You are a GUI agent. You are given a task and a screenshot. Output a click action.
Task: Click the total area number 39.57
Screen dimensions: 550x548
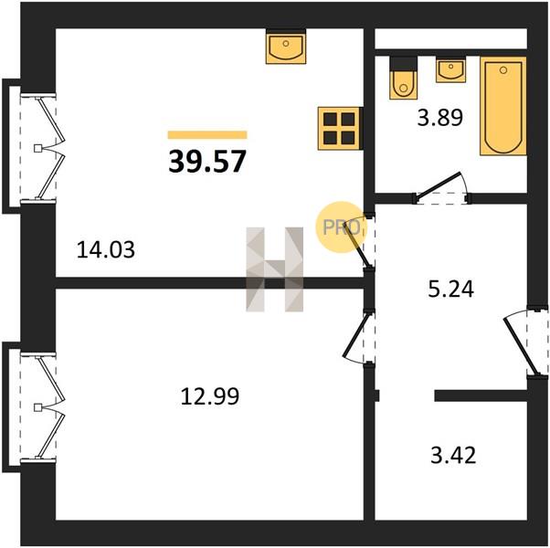[207, 162]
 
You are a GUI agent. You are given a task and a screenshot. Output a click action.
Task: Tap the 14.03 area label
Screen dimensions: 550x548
[106, 250]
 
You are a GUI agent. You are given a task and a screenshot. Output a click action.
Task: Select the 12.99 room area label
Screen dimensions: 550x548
[210, 396]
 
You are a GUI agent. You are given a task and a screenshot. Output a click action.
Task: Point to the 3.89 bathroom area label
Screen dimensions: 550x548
[440, 118]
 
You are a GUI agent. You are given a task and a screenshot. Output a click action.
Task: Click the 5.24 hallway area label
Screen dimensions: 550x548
[451, 290]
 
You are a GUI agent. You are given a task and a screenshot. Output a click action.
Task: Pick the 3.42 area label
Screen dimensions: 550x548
[453, 455]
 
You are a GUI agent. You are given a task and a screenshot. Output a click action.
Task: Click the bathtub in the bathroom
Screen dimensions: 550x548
[503, 106]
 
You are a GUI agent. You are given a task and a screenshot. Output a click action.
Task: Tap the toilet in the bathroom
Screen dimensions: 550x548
[404, 79]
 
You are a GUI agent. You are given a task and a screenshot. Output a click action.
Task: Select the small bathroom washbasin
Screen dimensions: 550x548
[450, 71]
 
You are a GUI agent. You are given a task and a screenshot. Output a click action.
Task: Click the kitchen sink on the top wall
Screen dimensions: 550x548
[286, 48]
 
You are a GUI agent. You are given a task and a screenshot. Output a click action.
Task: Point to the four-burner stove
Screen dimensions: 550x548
[339, 129]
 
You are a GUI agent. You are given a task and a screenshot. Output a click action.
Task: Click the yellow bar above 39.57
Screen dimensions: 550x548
[207, 135]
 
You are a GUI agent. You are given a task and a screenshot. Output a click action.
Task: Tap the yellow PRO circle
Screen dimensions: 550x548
[341, 227]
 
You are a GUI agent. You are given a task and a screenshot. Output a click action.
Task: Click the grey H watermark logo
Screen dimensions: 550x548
[275, 269]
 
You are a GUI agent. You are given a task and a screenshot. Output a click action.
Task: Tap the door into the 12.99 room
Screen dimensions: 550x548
[358, 337]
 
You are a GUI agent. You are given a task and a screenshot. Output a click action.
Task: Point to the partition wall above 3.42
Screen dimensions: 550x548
[481, 395]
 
